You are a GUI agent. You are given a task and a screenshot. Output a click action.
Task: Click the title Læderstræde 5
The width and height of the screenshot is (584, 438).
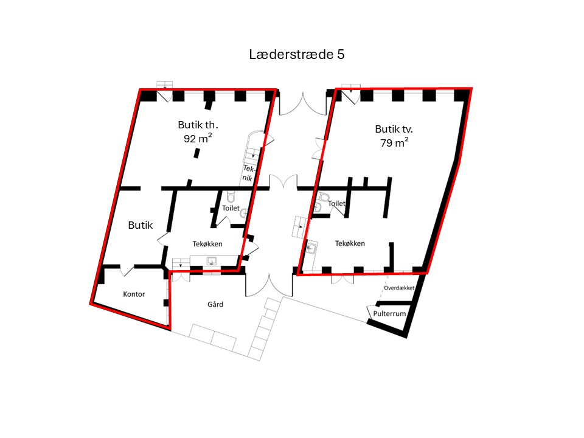[296, 54]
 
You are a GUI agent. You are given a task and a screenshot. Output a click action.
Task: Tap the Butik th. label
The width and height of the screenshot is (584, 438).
[198, 124]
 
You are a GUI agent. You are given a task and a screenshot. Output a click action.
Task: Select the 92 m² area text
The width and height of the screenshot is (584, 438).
[198, 138]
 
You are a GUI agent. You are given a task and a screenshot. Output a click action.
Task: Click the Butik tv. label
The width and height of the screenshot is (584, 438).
[394, 129]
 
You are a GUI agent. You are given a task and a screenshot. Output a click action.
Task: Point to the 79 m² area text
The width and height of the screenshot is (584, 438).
[394, 142]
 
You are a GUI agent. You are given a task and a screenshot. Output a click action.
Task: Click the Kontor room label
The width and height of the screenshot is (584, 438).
[134, 294]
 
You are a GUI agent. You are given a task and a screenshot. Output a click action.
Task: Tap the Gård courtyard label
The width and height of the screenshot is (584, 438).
[215, 304]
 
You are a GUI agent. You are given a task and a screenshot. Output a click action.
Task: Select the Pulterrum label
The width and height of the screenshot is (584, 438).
[389, 314]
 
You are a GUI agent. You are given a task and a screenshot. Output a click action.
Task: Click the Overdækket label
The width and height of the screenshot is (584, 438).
[399, 288]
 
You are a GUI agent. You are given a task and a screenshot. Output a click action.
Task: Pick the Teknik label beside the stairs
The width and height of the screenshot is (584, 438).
[248, 173]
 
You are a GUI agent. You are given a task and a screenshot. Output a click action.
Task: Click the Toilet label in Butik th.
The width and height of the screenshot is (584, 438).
[231, 208]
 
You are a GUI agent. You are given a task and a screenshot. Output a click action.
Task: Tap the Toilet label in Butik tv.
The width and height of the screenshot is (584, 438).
[336, 203]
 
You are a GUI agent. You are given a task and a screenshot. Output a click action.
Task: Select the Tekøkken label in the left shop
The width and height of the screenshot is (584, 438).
[207, 244]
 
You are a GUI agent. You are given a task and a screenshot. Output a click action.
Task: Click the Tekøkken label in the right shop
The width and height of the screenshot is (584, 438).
[350, 243]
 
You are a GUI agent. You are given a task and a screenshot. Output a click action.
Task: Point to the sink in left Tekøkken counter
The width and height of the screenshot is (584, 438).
[212, 261]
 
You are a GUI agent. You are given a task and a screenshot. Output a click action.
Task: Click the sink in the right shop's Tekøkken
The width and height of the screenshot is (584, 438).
[311, 248]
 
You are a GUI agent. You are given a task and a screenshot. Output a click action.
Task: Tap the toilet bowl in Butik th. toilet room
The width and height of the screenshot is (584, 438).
[231, 196]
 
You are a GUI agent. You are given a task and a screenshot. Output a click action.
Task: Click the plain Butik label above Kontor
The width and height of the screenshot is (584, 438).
[141, 225]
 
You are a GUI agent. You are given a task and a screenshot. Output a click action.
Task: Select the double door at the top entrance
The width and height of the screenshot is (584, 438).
[303, 103]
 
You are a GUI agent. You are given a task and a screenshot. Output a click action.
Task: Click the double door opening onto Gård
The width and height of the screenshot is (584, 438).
[269, 285]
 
